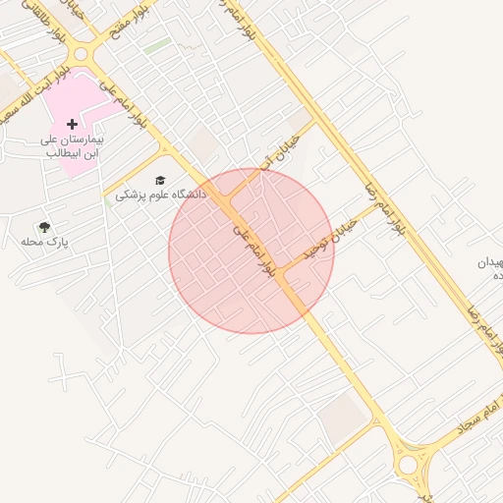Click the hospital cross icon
[72, 125]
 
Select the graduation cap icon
[160, 180]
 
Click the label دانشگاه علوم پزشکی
[161, 195]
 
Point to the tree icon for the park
[44, 227]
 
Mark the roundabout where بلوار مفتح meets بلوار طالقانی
[89, 54]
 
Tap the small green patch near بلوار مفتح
[156, 45]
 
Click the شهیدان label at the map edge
[489, 263]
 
